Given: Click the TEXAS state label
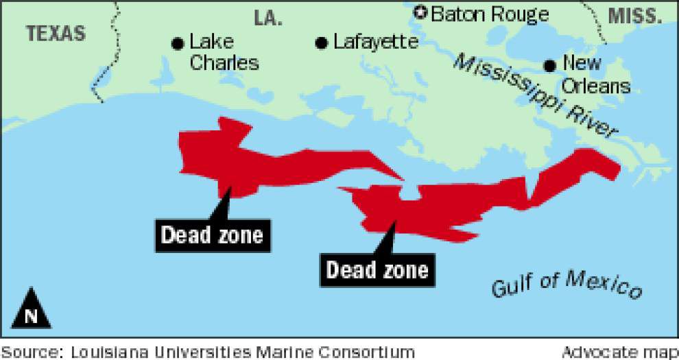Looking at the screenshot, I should click(x=56, y=33).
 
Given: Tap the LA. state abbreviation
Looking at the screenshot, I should click(x=268, y=19).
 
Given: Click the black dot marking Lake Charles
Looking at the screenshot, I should click(x=178, y=44).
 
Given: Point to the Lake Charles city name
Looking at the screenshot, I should click(x=224, y=53).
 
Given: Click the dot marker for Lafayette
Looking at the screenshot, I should click(x=321, y=43).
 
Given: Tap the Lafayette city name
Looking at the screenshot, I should click(x=376, y=43).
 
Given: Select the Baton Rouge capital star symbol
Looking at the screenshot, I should click(x=420, y=12).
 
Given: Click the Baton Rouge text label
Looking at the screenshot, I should click(x=490, y=14).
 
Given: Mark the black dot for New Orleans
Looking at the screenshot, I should click(x=549, y=66).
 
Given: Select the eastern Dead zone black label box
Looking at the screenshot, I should click(x=377, y=269).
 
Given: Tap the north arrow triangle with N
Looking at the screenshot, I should click(x=30, y=306).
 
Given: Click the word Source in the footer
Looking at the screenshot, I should click(x=30, y=352).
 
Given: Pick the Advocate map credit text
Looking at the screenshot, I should click(x=619, y=352).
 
